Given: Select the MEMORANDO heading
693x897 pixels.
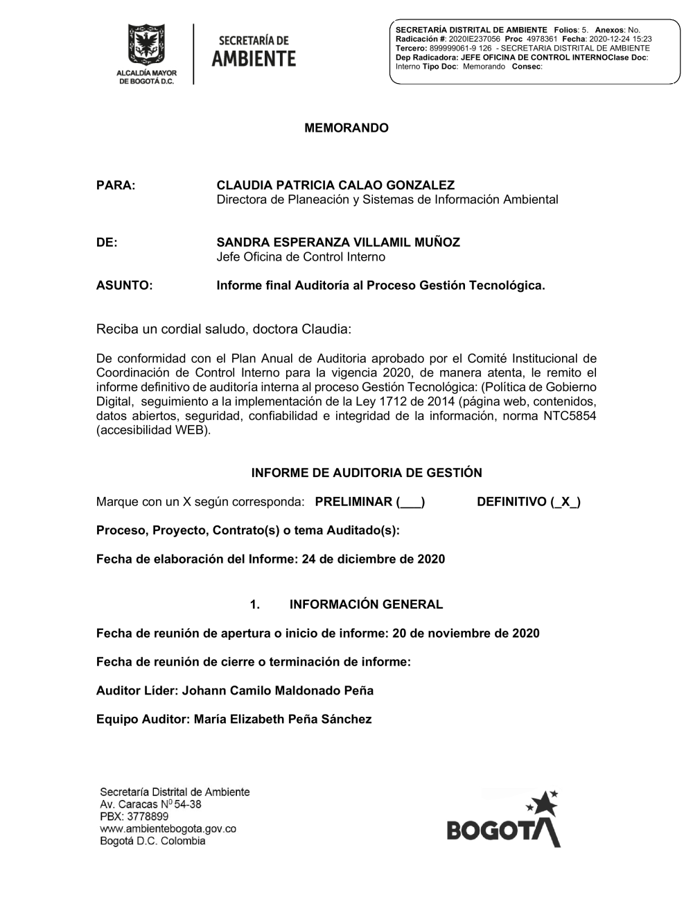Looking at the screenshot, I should [x=347, y=128].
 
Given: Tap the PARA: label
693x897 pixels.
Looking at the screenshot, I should [x=115, y=185].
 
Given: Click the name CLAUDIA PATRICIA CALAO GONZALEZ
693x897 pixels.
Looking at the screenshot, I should [x=335, y=185].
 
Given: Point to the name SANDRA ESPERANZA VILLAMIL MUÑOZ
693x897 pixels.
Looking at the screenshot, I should [x=337, y=242].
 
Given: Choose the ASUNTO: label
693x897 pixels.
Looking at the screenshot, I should [x=124, y=285].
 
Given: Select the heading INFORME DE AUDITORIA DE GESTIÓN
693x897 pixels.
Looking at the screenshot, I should [x=366, y=473].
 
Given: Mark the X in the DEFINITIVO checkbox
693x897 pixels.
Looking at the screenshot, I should [x=566, y=502].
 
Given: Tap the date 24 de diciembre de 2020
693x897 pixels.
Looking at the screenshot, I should [x=374, y=559].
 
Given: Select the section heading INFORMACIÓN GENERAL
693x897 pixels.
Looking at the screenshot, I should [x=366, y=604].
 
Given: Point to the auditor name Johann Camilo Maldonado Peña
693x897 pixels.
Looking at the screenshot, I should [x=278, y=690].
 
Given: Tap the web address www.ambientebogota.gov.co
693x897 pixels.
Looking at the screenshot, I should [x=168, y=828].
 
